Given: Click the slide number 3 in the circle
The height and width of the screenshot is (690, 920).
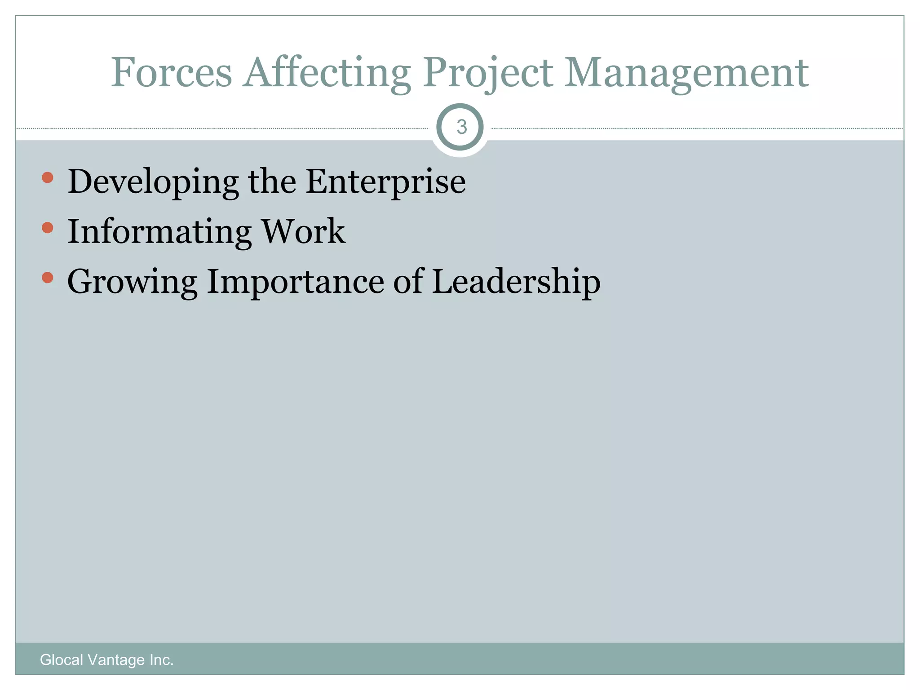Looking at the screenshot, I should point(461,127).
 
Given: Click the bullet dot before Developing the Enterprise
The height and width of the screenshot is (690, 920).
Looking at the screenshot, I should point(47,178).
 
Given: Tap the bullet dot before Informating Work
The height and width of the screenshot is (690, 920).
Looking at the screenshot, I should point(47,228).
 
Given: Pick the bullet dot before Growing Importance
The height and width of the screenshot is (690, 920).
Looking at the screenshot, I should point(47,278).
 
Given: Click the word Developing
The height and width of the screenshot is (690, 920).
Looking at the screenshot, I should point(153,181).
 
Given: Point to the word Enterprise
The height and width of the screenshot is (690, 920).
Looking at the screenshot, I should point(385,181).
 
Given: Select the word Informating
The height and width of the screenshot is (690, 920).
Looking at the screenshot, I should point(159,231).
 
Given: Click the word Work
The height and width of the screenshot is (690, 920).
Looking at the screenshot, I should point(304,231).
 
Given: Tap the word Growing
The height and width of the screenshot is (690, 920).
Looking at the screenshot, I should point(132,282).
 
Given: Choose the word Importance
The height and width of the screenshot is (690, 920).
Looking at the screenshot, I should point(295,282).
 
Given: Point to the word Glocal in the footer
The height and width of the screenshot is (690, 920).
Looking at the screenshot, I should point(62,660).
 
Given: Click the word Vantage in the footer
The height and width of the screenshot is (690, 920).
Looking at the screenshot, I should point(116,660).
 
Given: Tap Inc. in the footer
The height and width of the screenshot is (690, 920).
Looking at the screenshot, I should point(162,660).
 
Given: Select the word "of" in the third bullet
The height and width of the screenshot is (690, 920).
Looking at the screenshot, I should point(408,282).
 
